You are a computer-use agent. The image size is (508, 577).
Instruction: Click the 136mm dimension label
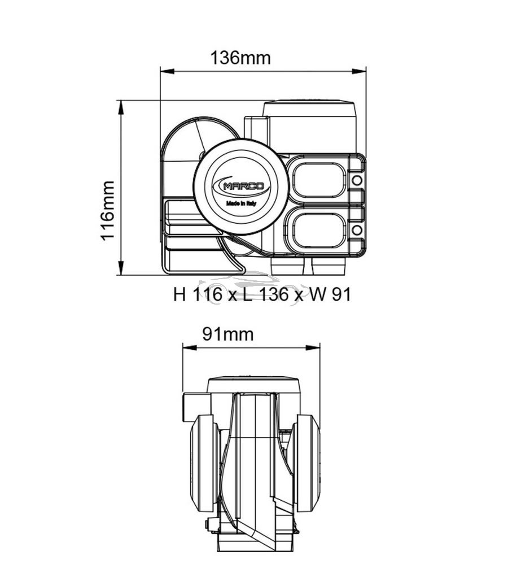point(240,58)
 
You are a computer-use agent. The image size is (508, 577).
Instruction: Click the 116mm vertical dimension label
point(108,210)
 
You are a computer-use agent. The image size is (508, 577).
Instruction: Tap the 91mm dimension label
point(227,334)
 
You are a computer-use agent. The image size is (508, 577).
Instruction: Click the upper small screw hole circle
point(357,180)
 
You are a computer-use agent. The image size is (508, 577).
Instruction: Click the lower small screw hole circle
point(357,230)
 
